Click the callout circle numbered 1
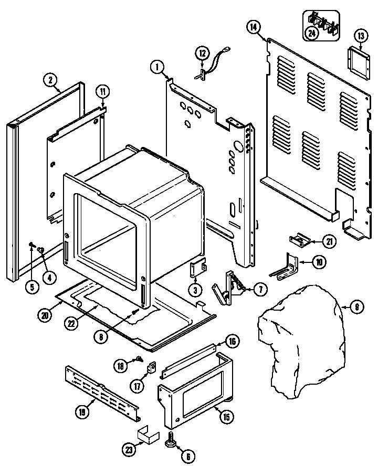(x=156, y=67)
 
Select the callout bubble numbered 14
(x=254, y=28)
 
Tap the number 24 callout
(x=312, y=33)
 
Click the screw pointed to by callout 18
(x=139, y=359)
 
